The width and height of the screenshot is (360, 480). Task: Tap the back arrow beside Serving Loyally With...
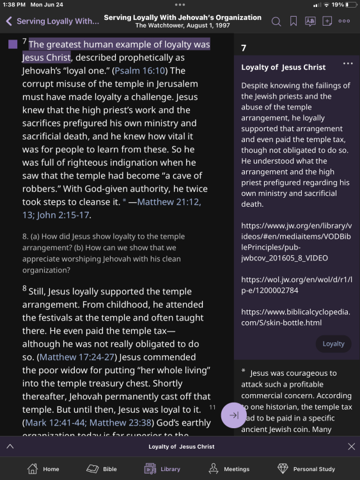coord(9,21)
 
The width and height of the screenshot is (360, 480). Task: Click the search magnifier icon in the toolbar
coord(276,21)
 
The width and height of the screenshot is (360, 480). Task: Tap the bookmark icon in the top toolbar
coord(293,21)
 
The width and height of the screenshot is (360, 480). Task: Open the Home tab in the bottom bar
coord(43,468)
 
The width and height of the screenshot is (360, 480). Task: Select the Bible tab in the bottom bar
coord(102,468)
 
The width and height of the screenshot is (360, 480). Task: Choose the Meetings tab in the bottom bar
coord(228,468)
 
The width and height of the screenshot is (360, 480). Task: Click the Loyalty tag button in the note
coord(333,344)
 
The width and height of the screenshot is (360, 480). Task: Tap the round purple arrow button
coord(233,415)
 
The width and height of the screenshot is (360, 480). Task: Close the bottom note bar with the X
coord(351,446)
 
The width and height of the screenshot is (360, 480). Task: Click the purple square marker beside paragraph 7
coord(13,45)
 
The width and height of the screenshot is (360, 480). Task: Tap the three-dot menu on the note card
coord(348,64)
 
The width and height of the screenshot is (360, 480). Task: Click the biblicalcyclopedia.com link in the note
coord(296,317)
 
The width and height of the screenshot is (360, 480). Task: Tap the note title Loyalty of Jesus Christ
coord(283,67)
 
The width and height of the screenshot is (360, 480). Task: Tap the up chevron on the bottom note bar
coord(10,446)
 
